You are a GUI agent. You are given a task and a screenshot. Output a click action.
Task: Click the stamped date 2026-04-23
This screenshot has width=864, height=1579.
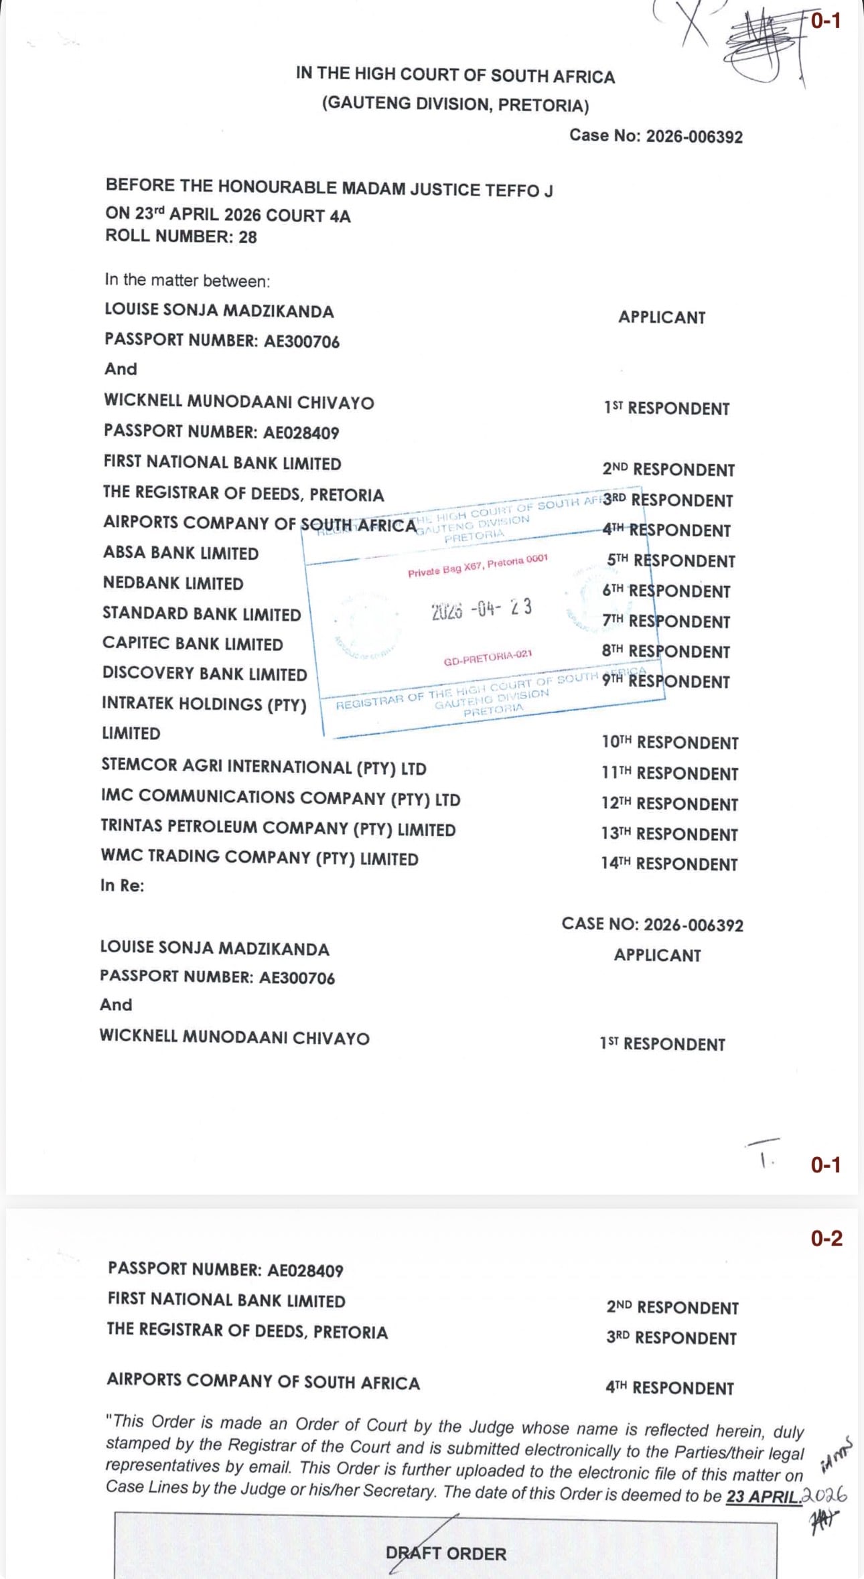tap(482, 609)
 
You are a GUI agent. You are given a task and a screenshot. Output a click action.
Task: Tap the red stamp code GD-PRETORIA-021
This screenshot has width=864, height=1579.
tap(488, 658)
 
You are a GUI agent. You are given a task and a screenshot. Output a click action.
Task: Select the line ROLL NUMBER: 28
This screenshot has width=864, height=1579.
tap(181, 236)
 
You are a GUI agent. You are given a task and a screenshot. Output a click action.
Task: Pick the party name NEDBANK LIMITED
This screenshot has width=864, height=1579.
tap(173, 583)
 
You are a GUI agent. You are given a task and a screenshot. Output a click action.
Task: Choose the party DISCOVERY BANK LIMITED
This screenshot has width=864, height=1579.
tap(204, 674)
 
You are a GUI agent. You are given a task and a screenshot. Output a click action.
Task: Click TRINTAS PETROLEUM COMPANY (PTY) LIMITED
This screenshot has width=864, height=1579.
tap(278, 828)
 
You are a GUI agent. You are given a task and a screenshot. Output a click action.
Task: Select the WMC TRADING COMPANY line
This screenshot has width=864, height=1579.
tap(259, 858)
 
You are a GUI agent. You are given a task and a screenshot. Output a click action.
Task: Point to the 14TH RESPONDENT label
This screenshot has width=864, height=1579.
tap(669, 864)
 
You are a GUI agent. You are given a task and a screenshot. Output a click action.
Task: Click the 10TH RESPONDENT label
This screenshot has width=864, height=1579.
tap(670, 743)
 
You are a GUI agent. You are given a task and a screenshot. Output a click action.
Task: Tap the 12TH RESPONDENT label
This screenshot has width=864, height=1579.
tap(669, 804)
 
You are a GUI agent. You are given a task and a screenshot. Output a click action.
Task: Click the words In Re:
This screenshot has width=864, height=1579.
tap(122, 885)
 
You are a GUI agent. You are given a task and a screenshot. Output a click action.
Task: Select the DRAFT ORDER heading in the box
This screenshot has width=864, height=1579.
tap(446, 1554)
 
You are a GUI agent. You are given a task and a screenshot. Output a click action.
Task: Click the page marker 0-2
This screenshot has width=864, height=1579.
tap(826, 1238)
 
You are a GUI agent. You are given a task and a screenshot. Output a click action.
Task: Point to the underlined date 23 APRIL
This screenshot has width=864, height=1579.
tap(764, 1496)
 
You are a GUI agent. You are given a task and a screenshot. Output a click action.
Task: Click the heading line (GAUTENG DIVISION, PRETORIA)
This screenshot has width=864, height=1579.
tap(455, 104)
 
